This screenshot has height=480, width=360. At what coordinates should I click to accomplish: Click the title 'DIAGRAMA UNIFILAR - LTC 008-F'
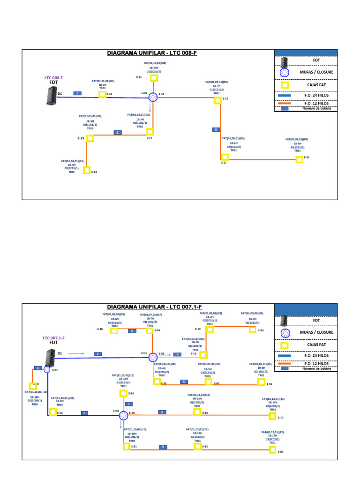tap(152, 53)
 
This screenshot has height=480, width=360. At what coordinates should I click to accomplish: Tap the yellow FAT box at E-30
tap(300, 159)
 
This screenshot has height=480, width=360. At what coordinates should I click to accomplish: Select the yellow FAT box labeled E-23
tap(86, 170)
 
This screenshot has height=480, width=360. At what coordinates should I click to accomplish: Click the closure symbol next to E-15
tap(153, 97)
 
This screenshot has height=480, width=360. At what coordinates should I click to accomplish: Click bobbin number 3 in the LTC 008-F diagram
tap(216, 129)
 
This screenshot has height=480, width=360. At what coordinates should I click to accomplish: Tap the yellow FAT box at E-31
tap(154, 78)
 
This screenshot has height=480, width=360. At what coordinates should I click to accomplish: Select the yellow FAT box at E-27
tap(225, 157)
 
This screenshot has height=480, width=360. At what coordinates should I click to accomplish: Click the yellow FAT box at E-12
tap(102, 94)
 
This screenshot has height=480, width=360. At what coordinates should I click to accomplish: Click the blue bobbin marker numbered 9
tap(163, 447)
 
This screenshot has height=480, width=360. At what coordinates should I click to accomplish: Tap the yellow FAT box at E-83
tap(272, 450)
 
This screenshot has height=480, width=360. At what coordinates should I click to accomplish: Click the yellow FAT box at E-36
tap(113, 330)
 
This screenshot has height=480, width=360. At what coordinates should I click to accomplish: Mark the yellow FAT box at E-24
tap(253, 329)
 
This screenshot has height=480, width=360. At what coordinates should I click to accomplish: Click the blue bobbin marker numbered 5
tap(184, 382)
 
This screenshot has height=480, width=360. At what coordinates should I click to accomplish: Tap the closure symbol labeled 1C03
tap(47, 369)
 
